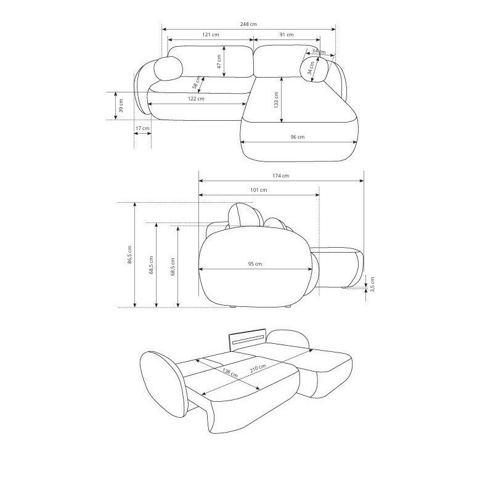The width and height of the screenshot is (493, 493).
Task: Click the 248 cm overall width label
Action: pos(248,24)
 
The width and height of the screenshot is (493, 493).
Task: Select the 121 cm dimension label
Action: pos(210,35)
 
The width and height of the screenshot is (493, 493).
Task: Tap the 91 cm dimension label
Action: pos(287,35)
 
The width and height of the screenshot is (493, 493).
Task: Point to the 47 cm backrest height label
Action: pos(219,61)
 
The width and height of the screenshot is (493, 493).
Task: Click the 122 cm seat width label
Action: pos(196,99)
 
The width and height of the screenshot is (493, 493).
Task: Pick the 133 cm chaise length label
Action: pos(276,100)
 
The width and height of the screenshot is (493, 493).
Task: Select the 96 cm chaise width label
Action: pos(297,137)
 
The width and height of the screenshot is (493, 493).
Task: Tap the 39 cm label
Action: pos(121,105)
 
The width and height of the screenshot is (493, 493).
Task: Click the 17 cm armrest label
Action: pos(142,128)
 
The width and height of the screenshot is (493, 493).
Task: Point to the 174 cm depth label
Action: pos(280,176)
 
